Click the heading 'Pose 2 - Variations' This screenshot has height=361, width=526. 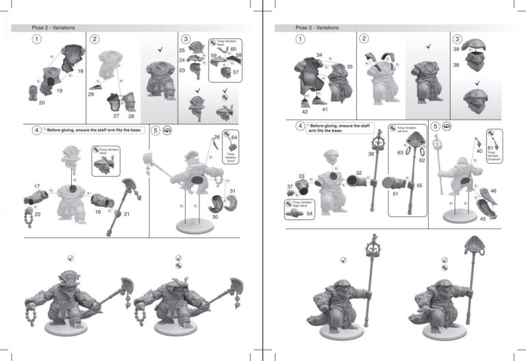pyautogui.click(x=53, y=27)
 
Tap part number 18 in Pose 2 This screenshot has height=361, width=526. pyautogui.click(x=80, y=71)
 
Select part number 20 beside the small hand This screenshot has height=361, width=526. pyautogui.click(x=42, y=102)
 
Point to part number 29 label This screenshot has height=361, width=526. pyautogui.click(x=90, y=95)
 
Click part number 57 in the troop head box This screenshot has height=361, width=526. pyautogui.click(x=236, y=72)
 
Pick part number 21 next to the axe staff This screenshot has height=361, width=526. pyautogui.click(x=127, y=214)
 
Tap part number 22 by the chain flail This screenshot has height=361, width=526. pyautogui.click(x=37, y=214)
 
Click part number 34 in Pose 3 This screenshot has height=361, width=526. pyautogui.click(x=319, y=55)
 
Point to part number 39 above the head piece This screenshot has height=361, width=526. pyautogui.click(x=456, y=50)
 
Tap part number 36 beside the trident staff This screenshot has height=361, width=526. pyautogui.click(x=371, y=154)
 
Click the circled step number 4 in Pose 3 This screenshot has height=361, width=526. pyautogui.click(x=300, y=126)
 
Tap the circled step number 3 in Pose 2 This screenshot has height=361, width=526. pyautogui.click(x=185, y=39)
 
